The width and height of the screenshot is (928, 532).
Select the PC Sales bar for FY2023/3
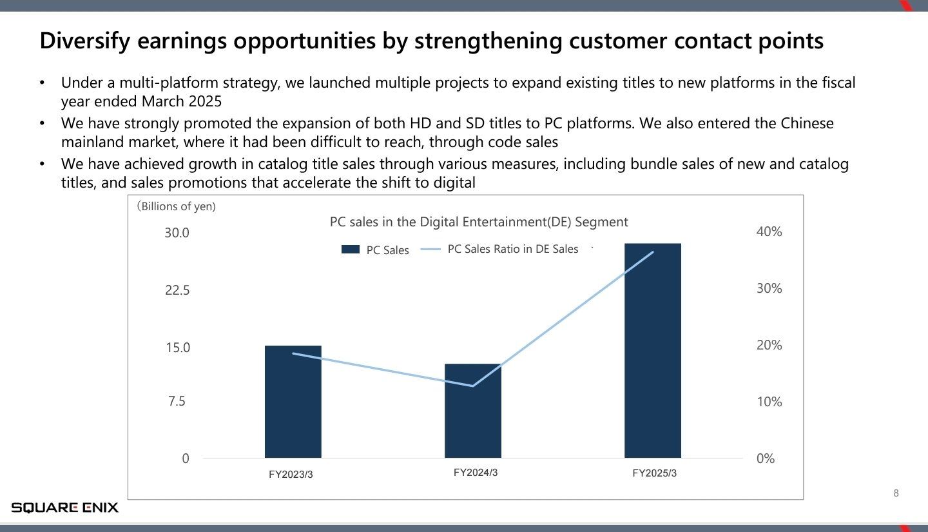tap(293, 401)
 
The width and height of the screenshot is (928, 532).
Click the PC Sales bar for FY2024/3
tap(473, 411)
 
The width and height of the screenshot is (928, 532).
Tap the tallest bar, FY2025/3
tap(652, 350)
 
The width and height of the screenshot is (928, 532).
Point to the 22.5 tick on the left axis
tap(177, 290)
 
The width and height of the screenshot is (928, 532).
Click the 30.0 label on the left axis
tap(177, 233)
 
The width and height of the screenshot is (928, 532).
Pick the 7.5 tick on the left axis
tap(177, 401)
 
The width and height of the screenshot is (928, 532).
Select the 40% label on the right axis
tap(769, 232)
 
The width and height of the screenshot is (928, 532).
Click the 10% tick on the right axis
tap(769, 401)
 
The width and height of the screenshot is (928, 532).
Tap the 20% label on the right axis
tap(769, 344)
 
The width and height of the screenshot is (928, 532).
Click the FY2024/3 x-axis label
tap(476, 472)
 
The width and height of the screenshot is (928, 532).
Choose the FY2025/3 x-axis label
tap(655, 473)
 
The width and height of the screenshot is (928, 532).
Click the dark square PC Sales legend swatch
tap(351, 249)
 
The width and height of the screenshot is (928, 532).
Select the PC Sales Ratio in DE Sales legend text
tap(513, 249)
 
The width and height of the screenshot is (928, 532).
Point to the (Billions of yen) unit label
tap(176, 206)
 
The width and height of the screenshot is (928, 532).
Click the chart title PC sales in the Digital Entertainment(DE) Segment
tap(479, 222)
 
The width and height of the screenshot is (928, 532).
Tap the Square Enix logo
tap(64, 507)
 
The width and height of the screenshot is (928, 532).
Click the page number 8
tap(896, 493)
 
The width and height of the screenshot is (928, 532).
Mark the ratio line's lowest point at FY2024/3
tap(473, 386)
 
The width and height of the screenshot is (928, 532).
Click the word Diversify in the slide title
tap(85, 41)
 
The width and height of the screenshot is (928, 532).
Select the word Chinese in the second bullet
tap(807, 123)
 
